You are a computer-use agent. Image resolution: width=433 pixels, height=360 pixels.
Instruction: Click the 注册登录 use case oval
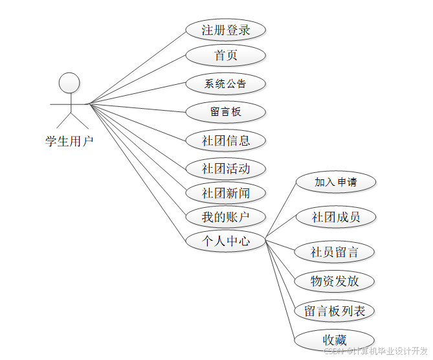225,30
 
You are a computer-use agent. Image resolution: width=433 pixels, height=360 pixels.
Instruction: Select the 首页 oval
225,55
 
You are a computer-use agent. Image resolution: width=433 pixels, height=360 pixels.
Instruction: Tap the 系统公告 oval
225,84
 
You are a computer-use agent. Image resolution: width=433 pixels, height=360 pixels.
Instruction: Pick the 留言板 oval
225,111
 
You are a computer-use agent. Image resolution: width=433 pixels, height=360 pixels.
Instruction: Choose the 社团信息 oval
225,140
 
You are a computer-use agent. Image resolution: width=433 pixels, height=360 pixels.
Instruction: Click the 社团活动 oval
225,169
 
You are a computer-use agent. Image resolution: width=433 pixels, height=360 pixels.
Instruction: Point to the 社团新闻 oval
225,193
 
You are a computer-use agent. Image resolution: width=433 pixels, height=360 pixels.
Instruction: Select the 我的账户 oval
225,216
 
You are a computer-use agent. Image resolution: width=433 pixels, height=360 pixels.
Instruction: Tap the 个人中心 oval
225,241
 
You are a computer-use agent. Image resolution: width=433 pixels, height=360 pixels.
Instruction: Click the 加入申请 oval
335,182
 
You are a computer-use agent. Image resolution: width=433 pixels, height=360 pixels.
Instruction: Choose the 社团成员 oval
335,217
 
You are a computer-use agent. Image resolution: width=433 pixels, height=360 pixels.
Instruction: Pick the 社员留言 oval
335,252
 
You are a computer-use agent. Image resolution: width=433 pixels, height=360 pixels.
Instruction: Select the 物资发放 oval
335,281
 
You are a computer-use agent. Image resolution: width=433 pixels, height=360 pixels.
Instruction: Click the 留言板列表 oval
335,311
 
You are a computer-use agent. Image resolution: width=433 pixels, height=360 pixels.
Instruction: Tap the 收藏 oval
335,340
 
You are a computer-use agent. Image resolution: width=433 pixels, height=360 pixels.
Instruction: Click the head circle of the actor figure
69,83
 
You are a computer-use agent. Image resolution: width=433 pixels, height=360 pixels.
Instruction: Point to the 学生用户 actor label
69,141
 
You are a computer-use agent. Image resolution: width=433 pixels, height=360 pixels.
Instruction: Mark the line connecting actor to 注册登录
137,67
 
